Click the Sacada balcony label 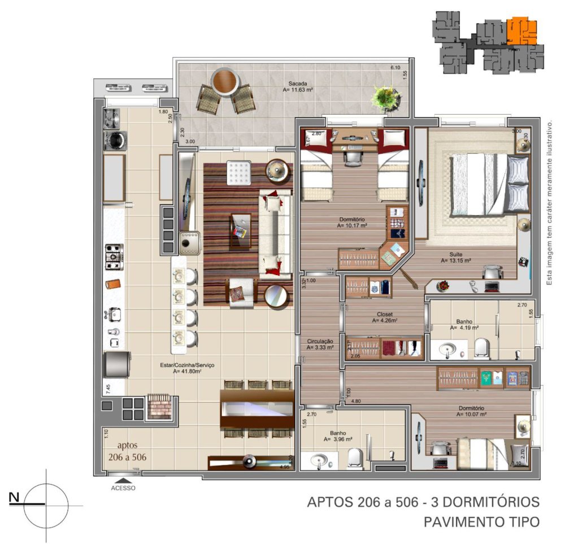click(297, 83)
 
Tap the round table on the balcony click(225, 81)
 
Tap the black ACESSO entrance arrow click(123, 480)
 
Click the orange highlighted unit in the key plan click(520, 31)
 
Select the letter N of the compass click(15, 497)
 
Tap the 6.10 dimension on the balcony click(395, 68)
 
